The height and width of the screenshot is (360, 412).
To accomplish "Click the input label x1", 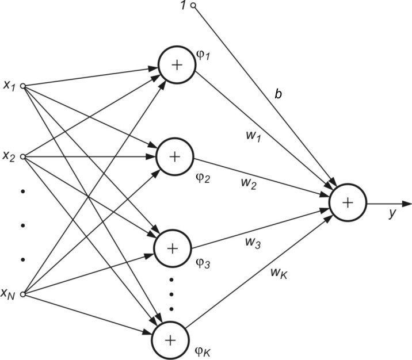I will tap(9, 86).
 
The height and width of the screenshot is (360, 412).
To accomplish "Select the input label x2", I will tap(9, 156).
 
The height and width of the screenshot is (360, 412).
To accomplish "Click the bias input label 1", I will tap(182, 6).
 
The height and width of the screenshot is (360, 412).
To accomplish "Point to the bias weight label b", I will tap(278, 94).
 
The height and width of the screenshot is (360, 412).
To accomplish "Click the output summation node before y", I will tap(347, 202).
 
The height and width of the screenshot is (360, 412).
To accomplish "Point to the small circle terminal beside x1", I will tap(22, 86).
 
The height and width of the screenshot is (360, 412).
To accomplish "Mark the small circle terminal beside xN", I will tap(22, 294).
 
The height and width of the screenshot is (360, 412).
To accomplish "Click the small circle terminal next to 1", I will tap(193, 6).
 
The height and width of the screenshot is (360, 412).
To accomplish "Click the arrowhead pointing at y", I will tap(407, 203).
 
